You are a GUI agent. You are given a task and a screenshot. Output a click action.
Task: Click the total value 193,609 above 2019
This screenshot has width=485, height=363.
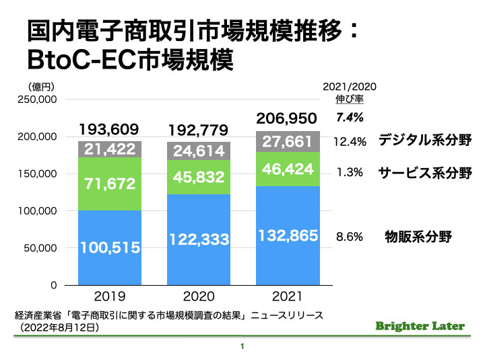point(110,129)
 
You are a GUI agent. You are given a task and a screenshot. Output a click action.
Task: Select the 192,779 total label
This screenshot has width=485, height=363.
point(198,130)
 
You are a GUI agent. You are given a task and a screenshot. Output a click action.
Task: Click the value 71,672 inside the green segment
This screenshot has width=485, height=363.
point(110,183)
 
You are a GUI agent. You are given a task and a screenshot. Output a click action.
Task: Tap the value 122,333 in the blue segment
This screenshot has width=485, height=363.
point(198,239)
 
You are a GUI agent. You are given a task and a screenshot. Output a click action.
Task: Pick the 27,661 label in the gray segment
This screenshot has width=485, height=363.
point(287,142)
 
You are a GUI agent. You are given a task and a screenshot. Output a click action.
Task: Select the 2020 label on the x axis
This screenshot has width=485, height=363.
point(198,296)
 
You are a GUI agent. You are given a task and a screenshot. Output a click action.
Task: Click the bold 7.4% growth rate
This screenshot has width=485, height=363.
point(350,118)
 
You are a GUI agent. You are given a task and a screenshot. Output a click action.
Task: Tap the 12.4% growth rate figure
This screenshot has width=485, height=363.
point(350,142)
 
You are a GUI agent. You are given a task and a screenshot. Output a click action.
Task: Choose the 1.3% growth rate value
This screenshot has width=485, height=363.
point(350,172)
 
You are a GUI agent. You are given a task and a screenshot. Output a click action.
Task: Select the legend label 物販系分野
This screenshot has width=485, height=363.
point(418,236)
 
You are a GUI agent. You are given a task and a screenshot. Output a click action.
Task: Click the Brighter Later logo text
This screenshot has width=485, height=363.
point(420,326)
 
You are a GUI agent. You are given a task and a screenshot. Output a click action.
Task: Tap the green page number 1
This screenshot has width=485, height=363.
point(241,347)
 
